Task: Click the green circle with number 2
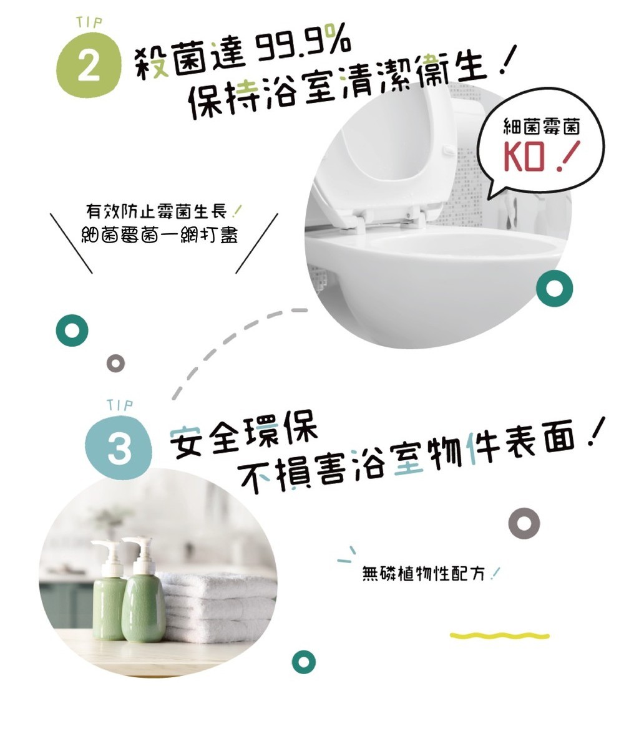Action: [x=88, y=65]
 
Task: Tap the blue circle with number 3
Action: [x=119, y=448]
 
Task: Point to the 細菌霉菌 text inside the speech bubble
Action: [x=541, y=127]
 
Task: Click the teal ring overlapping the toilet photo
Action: [x=554, y=288]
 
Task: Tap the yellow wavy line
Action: [x=499, y=635]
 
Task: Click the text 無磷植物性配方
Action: [x=424, y=573]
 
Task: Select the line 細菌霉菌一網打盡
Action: [x=159, y=234]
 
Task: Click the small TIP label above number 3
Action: [x=120, y=405]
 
